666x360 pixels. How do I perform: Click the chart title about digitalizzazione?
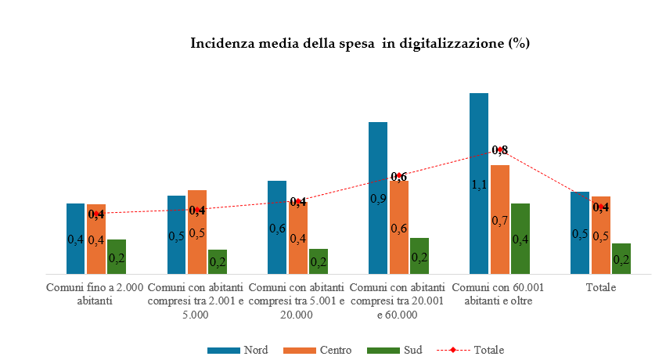(360, 43)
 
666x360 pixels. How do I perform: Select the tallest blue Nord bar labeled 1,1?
(479, 184)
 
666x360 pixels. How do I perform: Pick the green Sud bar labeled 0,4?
(520, 239)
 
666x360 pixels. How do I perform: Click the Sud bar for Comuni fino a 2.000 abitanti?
(117, 257)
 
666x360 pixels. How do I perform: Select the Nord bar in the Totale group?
(580, 232)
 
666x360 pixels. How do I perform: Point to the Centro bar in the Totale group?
(600, 235)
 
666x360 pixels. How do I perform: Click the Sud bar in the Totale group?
(621, 258)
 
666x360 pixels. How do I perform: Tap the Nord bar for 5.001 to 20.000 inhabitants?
(277, 227)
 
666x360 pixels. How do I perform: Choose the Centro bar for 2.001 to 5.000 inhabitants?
(197, 232)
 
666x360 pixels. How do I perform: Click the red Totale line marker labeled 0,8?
(499, 149)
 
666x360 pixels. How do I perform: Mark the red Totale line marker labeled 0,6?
(399, 176)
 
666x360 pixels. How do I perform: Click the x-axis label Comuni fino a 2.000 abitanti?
(95, 293)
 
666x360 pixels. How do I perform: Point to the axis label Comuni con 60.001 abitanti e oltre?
(499, 293)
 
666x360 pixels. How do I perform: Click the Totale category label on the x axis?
(601, 287)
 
